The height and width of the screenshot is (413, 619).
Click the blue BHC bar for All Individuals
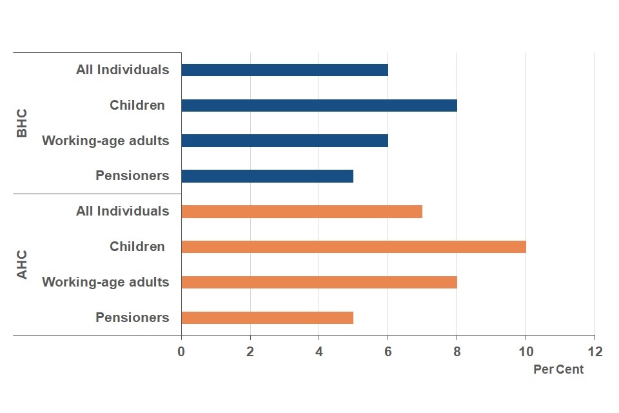pos(284,70)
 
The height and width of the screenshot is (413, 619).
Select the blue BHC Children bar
pos(319,105)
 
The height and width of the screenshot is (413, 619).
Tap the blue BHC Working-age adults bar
pos(284,141)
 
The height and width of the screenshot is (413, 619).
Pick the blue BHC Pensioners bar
pos(267,176)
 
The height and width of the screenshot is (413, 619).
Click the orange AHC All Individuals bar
pos(302,211)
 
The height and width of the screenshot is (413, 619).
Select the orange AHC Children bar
pos(353,247)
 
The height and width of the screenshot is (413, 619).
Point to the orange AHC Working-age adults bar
pos(319,282)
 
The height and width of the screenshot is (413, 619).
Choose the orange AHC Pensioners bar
pos(267,317)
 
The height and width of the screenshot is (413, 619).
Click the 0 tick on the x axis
pos(181,352)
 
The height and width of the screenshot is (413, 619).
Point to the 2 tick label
pos(250,352)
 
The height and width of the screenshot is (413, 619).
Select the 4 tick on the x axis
pos(319,352)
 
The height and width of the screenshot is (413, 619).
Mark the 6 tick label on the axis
pos(388,352)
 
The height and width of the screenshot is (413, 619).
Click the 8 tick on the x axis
pos(457,352)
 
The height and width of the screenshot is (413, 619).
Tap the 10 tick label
pos(526,352)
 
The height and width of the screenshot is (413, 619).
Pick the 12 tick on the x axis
pos(594,352)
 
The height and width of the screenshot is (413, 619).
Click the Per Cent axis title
pos(558,370)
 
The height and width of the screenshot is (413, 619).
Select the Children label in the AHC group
pos(137,247)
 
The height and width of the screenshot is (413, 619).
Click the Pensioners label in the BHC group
pos(132,176)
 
